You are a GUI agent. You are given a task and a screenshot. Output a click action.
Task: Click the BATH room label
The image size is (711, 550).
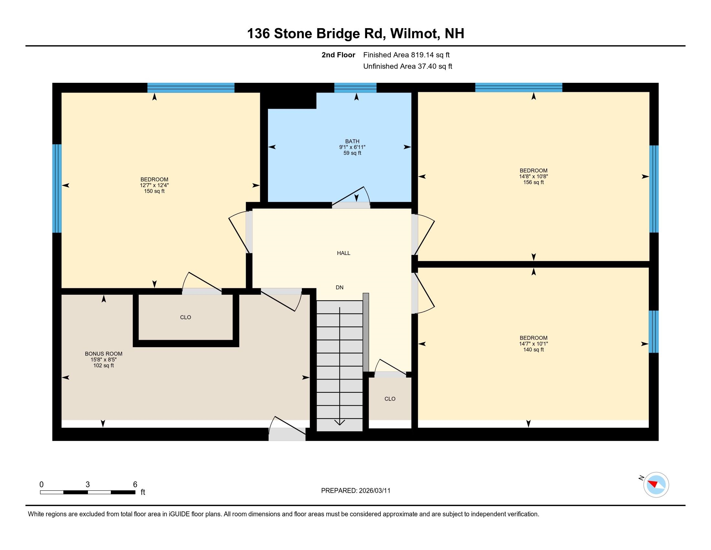[x=352, y=141]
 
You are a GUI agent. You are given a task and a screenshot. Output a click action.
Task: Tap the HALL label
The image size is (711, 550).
[x=344, y=253]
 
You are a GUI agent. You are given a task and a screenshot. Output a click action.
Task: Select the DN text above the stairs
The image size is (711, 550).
[x=340, y=287]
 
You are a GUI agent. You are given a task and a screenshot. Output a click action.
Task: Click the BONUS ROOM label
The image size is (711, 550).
[x=103, y=354]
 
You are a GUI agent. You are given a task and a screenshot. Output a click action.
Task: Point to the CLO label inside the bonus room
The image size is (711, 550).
[x=186, y=317]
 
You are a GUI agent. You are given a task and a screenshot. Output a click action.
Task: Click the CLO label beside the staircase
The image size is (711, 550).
[x=390, y=399]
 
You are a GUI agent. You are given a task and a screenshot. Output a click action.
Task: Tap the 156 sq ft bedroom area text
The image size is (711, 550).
[x=533, y=182]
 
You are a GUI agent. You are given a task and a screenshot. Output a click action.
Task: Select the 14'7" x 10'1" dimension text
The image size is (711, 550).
[x=533, y=344]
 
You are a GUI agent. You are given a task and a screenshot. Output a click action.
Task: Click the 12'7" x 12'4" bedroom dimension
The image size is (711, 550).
[x=154, y=185]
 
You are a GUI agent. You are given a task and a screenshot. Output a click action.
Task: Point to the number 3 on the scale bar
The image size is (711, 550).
[x=88, y=485]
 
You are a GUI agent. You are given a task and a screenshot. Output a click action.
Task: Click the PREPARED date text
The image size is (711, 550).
[x=355, y=491]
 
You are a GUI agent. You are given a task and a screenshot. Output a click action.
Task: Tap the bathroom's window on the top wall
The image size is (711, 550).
[x=355, y=88]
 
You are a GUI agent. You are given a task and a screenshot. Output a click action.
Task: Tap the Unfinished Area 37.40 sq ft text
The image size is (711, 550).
[x=408, y=66]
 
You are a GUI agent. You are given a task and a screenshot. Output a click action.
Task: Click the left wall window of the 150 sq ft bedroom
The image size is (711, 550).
[x=57, y=188]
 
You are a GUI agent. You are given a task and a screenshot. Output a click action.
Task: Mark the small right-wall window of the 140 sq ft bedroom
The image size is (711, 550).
[x=653, y=332]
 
